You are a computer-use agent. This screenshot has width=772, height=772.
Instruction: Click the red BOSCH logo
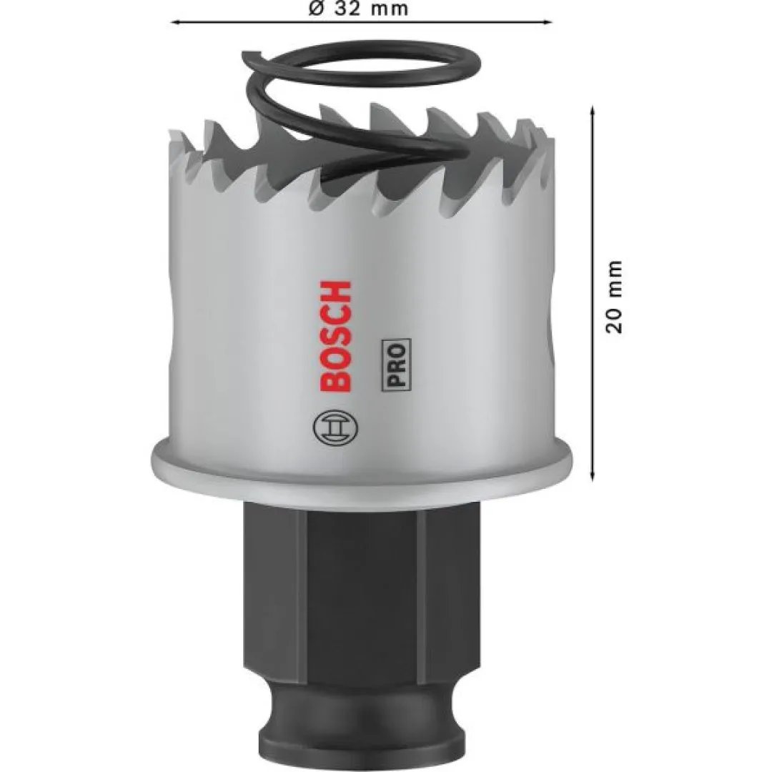336,336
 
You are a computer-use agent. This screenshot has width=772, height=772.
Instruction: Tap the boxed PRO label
396,365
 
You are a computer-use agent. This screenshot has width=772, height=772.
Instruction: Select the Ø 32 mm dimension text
358,9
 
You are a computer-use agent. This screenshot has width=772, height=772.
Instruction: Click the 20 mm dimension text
613,297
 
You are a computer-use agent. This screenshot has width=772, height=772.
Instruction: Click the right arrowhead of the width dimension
548,21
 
